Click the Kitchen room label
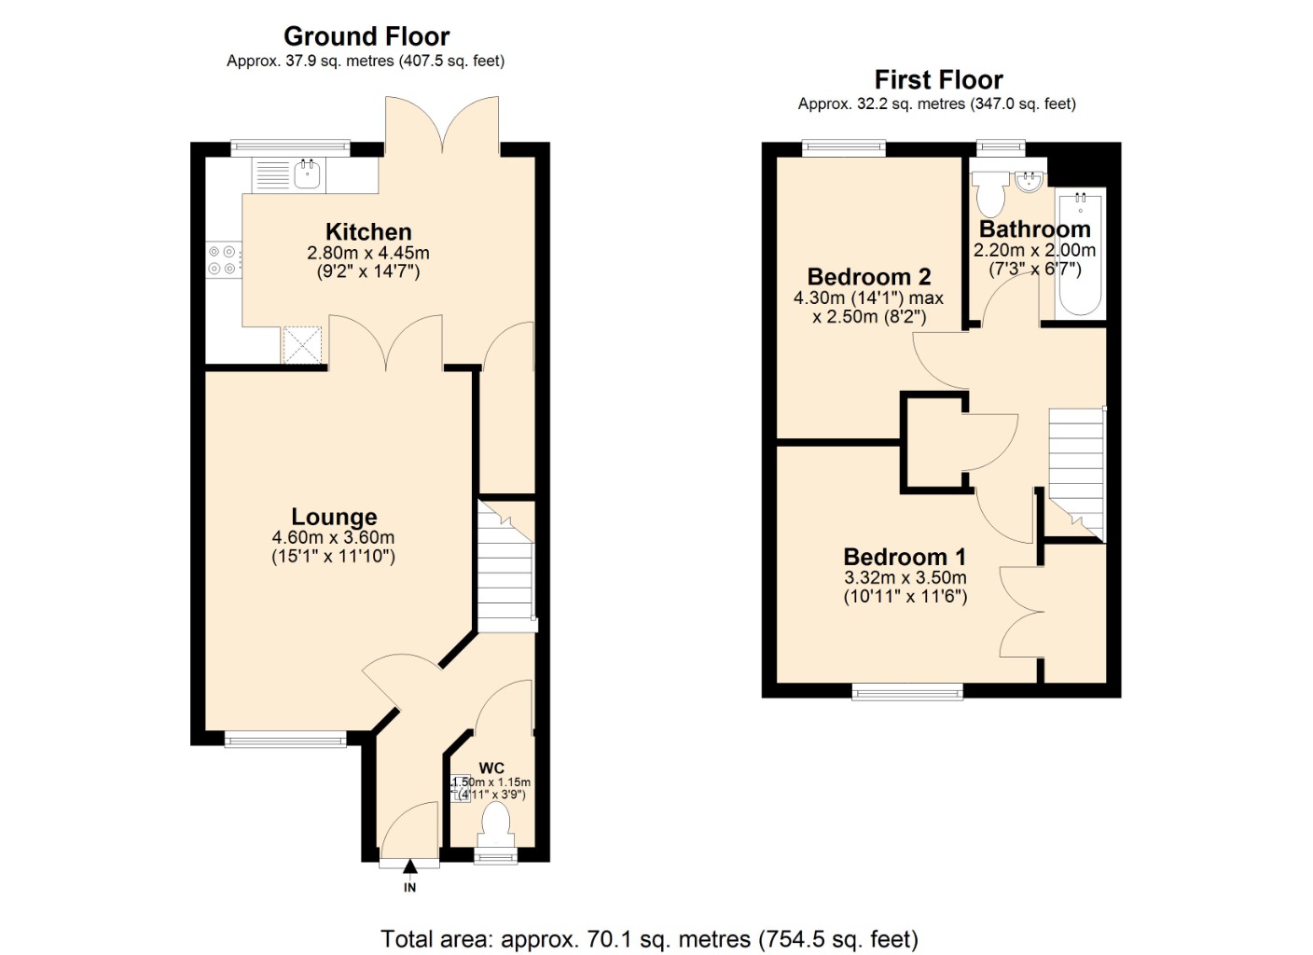click(x=368, y=232)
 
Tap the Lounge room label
click(x=334, y=517)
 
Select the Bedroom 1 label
click(x=905, y=557)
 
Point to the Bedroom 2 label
click(x=868, y=277)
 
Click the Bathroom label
click(x=1034, y=229)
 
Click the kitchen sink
click(x=307, y=174)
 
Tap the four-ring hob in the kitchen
click(x=222, y=260)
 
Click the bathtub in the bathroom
click(x=1080, y=253)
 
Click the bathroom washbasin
click(x=1029, y=181)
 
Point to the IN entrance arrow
click(x=409, y=868)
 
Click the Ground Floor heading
click(x=366, y=36)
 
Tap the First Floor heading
click(x=938, y=80)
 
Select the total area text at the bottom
click(x=649, y=938)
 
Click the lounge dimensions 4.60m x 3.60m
click(x=333, y=538)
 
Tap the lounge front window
click(x=285, y=740)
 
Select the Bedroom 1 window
click(x=906, y=691)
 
